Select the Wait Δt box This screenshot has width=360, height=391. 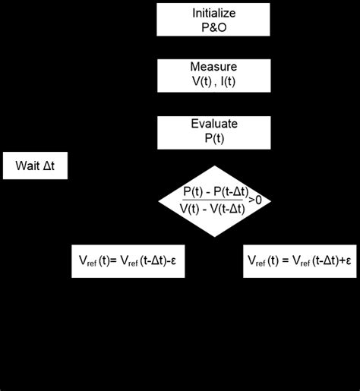click(35, 164)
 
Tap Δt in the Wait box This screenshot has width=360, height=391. click(50, 164)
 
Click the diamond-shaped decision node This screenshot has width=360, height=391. click(215, 200)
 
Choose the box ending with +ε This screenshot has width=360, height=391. click(298, 260)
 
